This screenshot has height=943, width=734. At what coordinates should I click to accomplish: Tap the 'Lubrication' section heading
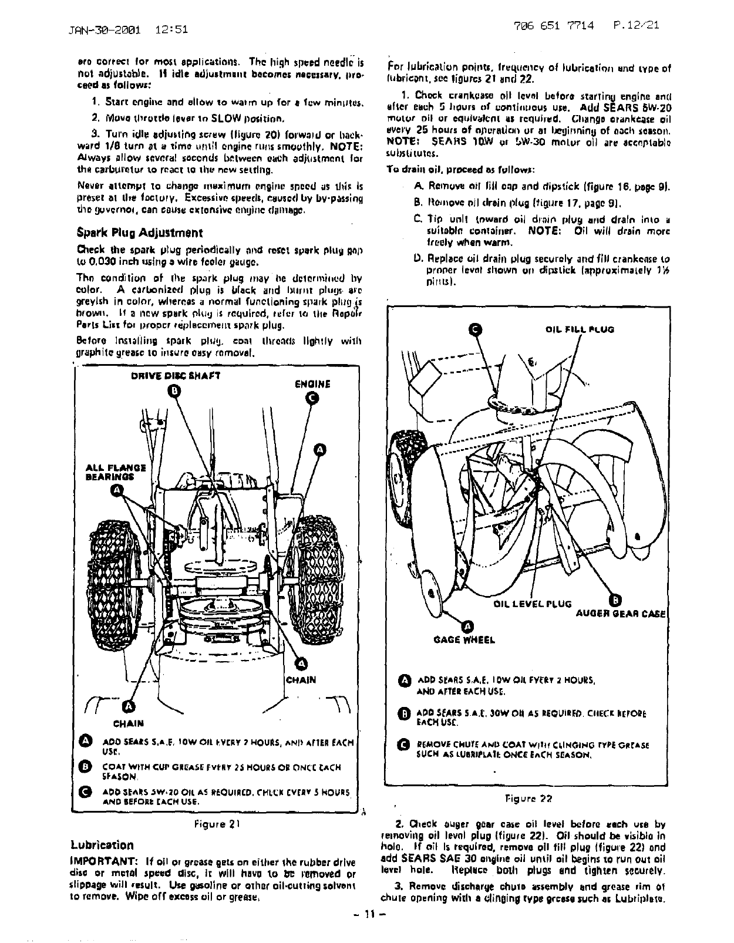102,845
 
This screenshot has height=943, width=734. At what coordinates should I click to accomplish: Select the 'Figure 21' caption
218,823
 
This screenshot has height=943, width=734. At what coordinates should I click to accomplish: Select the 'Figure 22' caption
528,798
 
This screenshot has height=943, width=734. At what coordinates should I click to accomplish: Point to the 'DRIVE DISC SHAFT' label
175,376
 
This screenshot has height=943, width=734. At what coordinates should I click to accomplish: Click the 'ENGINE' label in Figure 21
312,384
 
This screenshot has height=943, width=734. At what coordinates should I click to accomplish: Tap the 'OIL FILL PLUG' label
580,330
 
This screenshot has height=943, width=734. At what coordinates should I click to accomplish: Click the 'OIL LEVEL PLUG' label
532,603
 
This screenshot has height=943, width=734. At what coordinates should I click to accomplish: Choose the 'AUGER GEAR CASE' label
620,614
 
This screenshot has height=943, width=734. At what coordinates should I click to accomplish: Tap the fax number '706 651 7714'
554,26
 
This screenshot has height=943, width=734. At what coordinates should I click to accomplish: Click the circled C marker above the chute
476,329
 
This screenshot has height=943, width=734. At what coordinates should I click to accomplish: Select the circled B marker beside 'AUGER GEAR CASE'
614,600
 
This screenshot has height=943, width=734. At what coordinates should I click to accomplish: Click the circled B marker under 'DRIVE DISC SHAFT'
174,390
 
